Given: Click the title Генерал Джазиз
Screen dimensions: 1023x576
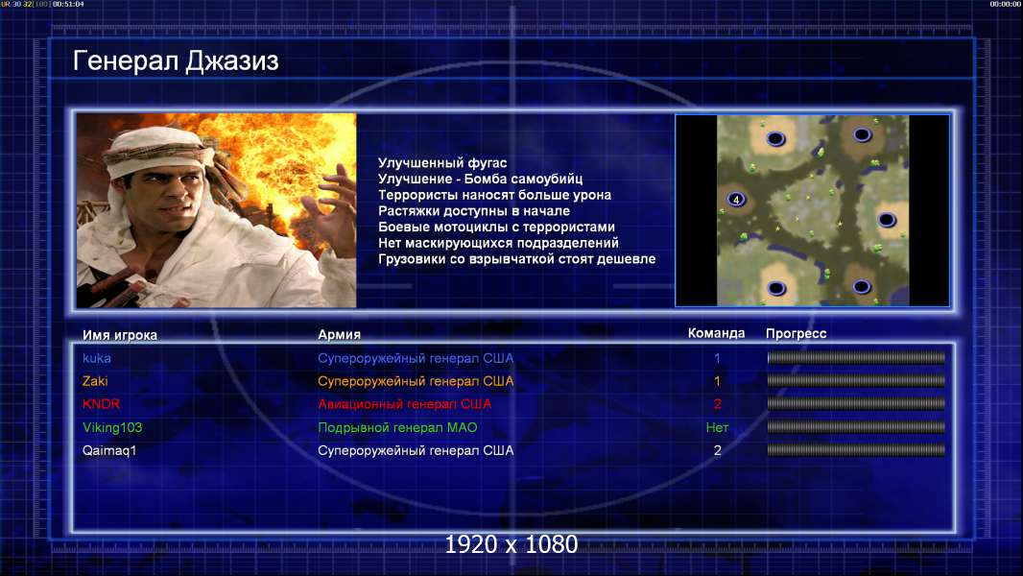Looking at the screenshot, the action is tap(176, 61).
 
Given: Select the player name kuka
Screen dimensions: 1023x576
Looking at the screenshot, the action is tap(97, 358).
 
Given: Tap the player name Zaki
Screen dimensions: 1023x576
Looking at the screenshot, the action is tap(95, 381).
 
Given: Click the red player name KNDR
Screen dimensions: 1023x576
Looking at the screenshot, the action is tap(101, 404).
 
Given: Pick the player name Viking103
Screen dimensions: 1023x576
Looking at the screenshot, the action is tap(112, 427).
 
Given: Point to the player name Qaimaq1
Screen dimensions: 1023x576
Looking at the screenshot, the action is tap(109, 450).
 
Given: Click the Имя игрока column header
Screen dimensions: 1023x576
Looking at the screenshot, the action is tap(119, 335).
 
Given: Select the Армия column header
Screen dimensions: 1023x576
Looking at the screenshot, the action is tap(340, 335).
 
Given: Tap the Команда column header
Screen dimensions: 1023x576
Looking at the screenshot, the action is tap(716, 333).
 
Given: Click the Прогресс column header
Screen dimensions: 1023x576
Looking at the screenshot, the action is tap(796, 334).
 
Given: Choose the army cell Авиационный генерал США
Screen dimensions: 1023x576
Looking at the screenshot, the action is tap(405, 404).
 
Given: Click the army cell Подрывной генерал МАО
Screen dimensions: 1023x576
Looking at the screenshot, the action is tap(397, 427).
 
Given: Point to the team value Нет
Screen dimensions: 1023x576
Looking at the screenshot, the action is tap(717, 427).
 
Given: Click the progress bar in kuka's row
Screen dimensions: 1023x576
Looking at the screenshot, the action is tap(856, 357).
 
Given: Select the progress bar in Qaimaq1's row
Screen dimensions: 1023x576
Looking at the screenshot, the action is tap(856, 450).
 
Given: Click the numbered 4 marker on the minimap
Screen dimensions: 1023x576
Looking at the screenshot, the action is tap(736, 200).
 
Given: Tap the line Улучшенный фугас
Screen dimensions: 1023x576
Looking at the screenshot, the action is tap(442, 163).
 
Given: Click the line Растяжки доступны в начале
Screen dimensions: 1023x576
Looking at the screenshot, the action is tap(474, 210).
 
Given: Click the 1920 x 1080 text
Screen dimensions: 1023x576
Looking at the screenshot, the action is tap(511, 544).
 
